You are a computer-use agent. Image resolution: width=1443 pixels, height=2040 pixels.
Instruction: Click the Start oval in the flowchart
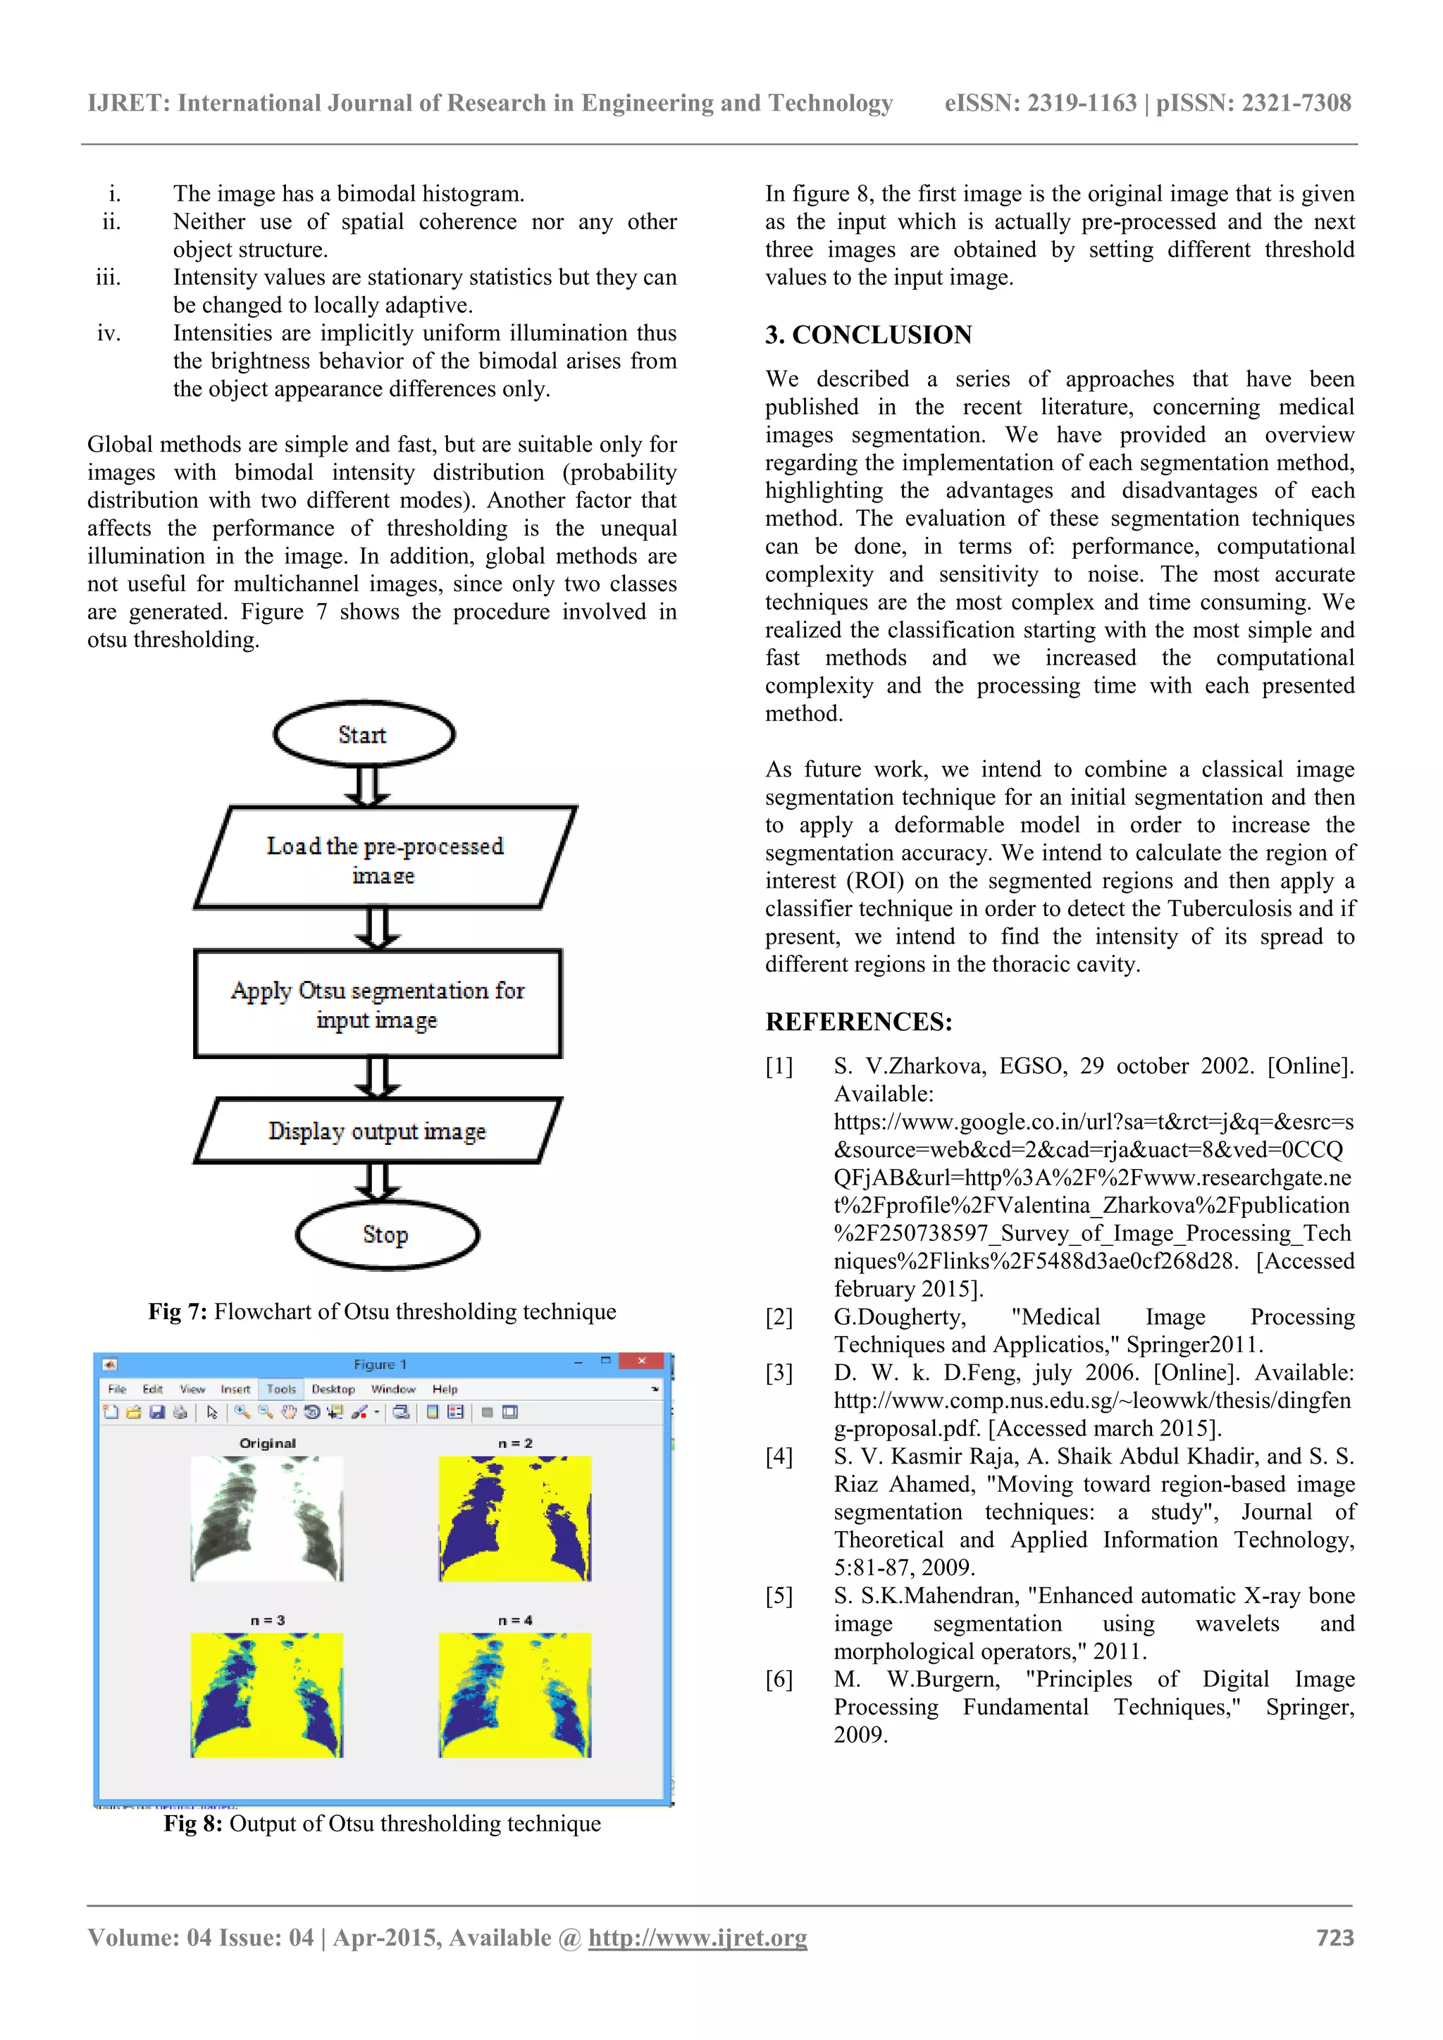(x=364, y=734)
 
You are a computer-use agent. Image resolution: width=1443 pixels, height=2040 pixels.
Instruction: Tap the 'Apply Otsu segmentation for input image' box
(x=378, y=1004)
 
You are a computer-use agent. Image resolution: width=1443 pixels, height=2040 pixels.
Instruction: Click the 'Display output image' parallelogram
(x=378, y=1131)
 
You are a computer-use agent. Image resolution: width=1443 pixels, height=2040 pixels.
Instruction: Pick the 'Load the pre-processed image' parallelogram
(x=385, y=858)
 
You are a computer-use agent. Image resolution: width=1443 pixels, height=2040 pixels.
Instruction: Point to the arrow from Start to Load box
(x=368, y=786)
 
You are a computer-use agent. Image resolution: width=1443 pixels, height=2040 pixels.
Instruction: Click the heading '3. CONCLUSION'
(x=868, y=335)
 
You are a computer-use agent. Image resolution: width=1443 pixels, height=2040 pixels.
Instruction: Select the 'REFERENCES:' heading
(x=858, y=1022)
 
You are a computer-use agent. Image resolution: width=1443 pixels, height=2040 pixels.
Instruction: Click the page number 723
(x=1334, y=1938)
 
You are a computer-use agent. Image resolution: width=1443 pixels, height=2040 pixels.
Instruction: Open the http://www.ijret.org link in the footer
(x=698, y=1938)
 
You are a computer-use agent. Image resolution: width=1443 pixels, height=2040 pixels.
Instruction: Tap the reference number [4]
(x=779, y=1457)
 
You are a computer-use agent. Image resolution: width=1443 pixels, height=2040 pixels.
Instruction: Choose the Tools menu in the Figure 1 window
(x=282, y=1389)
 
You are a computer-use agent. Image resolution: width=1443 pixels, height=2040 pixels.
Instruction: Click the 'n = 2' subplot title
(x=515, y=1443)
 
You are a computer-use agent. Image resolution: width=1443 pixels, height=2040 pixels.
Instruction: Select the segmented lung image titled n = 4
(x=515, y=1695)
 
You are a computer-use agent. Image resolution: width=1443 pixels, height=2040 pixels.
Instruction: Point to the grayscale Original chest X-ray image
(x=266, y=1519)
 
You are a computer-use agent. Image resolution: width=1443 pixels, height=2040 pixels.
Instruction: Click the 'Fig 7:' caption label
(x=178, y=1311)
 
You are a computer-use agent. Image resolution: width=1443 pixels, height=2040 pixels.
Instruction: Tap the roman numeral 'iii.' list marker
(x=109, y=277)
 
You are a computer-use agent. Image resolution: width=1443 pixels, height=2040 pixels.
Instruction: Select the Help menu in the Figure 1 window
(x=445, y=1389)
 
